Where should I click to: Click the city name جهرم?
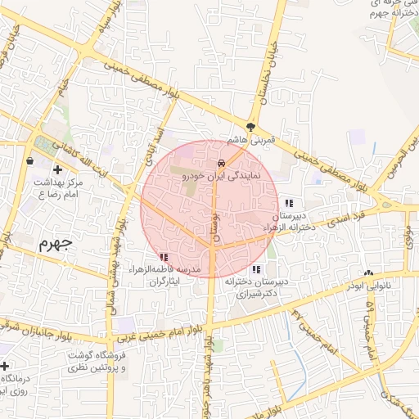tap(56, 243)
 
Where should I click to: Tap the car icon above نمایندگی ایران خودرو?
tap(222, 162)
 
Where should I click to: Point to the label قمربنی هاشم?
tap(254, 140)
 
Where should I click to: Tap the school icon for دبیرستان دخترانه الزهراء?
tap(288, 202)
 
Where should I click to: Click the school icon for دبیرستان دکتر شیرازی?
tap(256, 268)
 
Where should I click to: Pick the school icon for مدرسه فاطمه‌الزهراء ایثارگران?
tap(164, 257)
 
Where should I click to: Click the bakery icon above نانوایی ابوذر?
tap(368, 273)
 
